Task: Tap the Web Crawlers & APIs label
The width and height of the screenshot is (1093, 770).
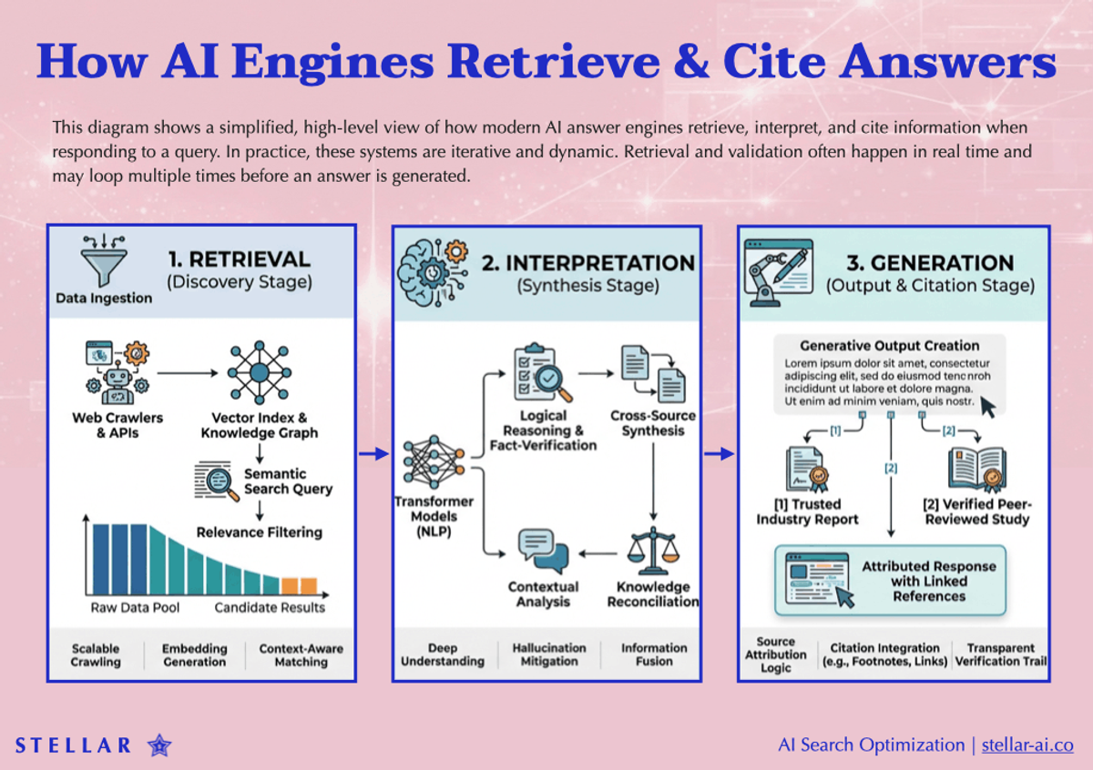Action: tap(117, 425)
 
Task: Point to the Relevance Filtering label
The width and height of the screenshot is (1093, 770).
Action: tap(260, 532)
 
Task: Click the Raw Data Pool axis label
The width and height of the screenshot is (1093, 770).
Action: tap(135, 607)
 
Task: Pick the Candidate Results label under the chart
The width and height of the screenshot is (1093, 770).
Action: tap(270, 607)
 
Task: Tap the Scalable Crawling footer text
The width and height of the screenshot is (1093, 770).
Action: tap(96, 654)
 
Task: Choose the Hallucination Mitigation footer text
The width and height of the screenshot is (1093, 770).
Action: tap(549, 654)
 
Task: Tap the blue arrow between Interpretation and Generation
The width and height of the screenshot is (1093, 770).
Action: tap(720, 453)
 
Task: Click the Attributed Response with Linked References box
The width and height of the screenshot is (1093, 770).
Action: tap(890, 581)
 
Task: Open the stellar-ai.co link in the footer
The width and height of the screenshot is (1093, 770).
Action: tap(1027, 745)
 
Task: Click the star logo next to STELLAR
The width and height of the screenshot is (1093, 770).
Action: tap(159, 745)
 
